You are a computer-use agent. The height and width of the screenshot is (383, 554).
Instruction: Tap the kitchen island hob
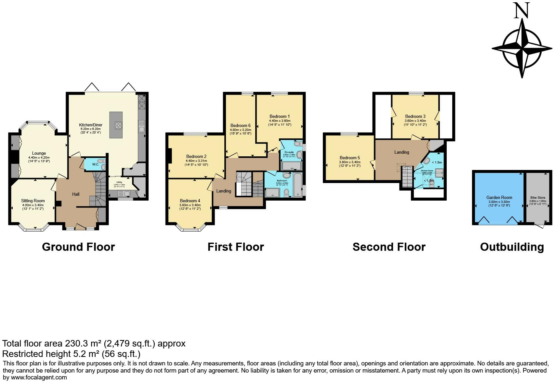118,125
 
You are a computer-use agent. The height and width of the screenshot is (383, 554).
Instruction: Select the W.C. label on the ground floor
95,164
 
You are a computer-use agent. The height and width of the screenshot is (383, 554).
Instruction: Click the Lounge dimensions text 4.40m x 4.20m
39,157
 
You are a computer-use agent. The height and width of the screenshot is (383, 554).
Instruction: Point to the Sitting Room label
33,201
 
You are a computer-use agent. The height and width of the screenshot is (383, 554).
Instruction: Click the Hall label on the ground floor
76,194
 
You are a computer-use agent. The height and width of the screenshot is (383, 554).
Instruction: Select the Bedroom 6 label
240,125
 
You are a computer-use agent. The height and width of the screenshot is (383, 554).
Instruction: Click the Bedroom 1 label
279,116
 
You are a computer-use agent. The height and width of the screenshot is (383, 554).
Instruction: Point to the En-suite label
289,152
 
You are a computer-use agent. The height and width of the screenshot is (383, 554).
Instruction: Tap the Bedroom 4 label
190,201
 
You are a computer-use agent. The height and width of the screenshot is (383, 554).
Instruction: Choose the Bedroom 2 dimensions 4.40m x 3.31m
196,161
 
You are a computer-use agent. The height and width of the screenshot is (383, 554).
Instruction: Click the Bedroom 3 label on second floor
415,116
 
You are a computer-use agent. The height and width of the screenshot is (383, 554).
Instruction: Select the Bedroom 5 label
350,158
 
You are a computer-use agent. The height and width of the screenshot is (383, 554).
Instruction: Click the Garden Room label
499,197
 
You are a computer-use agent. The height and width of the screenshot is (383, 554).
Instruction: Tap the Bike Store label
537,198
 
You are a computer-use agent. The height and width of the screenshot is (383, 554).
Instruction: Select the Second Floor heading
389,247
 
